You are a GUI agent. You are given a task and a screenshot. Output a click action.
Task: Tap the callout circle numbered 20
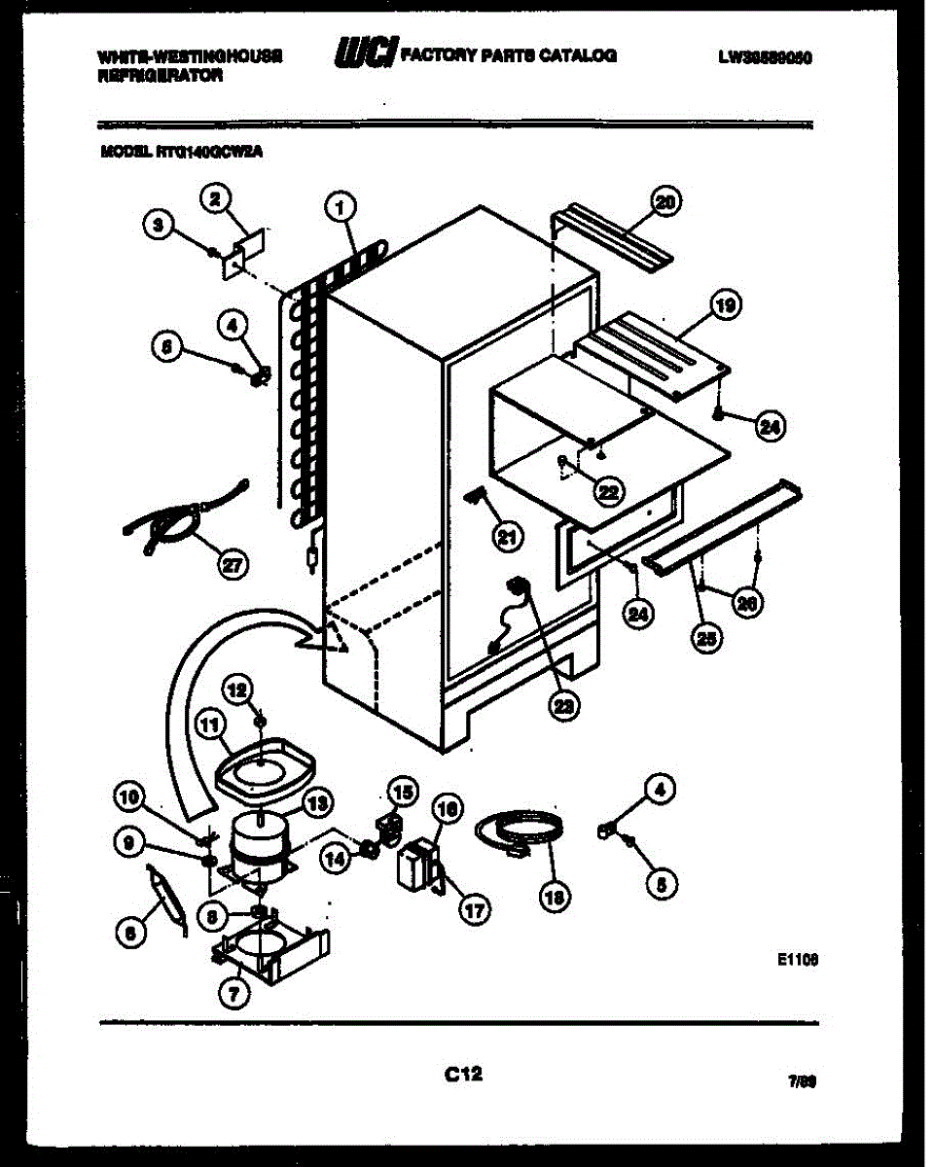coord(666,202)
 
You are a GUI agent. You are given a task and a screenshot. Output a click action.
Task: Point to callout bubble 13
coord(317,802)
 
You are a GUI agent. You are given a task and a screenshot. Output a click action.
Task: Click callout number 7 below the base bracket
coord(233,992)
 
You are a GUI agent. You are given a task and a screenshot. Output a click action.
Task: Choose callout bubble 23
coord(561,705)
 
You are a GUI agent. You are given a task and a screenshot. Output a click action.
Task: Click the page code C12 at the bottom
coord(464,1074)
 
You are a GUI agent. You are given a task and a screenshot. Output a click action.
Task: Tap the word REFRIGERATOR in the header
coord(161,75)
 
